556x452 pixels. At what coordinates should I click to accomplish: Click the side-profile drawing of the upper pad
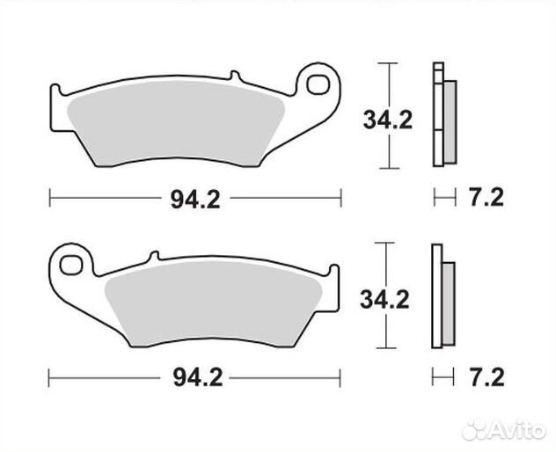click(x=443, y=114)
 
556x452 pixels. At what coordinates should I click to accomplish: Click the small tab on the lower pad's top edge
click(x=153, y=256)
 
